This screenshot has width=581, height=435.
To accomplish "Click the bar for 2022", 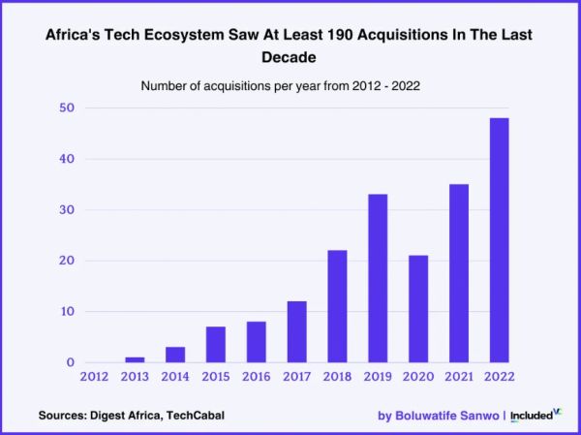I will pyautogui.click(x=499, y=240).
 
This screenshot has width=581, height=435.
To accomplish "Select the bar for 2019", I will pyautogui.click(x=378, y=279).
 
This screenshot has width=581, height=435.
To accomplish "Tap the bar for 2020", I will pyautogui.click(x=417, y=309).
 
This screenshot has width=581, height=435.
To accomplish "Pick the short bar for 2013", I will pyautogui.click(x=135, y=359).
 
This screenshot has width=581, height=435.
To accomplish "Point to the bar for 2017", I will pyautogui.click(x=296, y=332).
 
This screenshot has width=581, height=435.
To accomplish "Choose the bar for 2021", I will pyautogui.click(x=458, y=273).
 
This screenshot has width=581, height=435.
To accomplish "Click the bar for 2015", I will pyautogui.click(x=215, y=345).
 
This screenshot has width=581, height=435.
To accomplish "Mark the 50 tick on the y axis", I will pyautogui.click(x=64, y=108).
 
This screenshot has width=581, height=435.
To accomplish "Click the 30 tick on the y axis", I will pyautogui.click(x=64, y=209).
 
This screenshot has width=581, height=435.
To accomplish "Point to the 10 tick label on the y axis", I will pyautogui.click(x=64, y=311).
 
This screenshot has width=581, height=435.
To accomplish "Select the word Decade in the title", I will pyautogui.click(x=290, y=57).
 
